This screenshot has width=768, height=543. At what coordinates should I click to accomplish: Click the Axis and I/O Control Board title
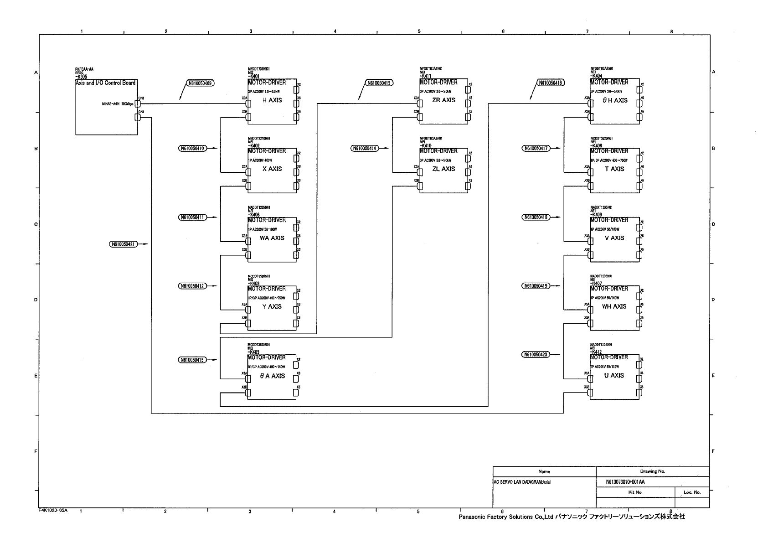click(105, 83)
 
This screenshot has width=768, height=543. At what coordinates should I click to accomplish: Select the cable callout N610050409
click(200, 83)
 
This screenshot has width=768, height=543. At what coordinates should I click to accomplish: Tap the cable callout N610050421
click(124, 244)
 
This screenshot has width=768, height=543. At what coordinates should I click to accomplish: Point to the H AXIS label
click(272, 100)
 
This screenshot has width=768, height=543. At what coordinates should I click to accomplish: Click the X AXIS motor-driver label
click(272, 169)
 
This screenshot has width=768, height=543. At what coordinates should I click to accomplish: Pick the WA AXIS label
click(272, 238)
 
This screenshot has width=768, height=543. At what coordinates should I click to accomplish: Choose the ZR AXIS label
click(443, 100)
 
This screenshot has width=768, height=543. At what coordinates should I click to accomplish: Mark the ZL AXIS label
click(443, 169)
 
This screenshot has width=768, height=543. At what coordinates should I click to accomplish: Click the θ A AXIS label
click(272, 376)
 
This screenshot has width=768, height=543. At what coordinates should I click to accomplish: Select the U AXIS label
click(614, 376)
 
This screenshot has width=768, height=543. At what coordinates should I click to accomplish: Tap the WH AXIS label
click(614, 307)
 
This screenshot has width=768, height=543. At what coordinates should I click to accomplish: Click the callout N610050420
click(536, 355)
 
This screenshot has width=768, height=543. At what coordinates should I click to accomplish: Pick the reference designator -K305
click(81, 77)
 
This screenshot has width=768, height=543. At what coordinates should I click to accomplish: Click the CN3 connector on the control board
click(138, 104)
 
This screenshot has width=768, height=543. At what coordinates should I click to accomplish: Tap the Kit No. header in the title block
click(635, 492)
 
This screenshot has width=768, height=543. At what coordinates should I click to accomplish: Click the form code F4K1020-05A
click(53, 511)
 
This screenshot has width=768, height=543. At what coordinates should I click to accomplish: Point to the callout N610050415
click(192, 360)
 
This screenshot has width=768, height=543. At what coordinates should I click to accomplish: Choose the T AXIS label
click(614, 169)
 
